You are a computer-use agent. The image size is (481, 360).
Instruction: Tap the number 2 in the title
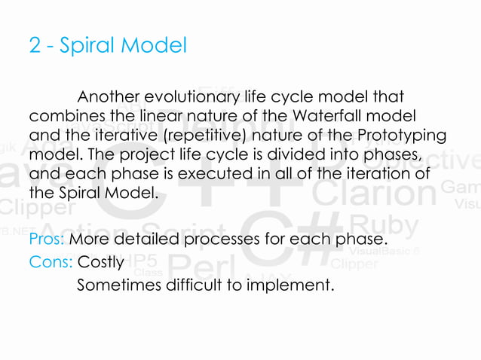pos(35,47)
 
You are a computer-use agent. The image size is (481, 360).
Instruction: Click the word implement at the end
pos(294,285)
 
